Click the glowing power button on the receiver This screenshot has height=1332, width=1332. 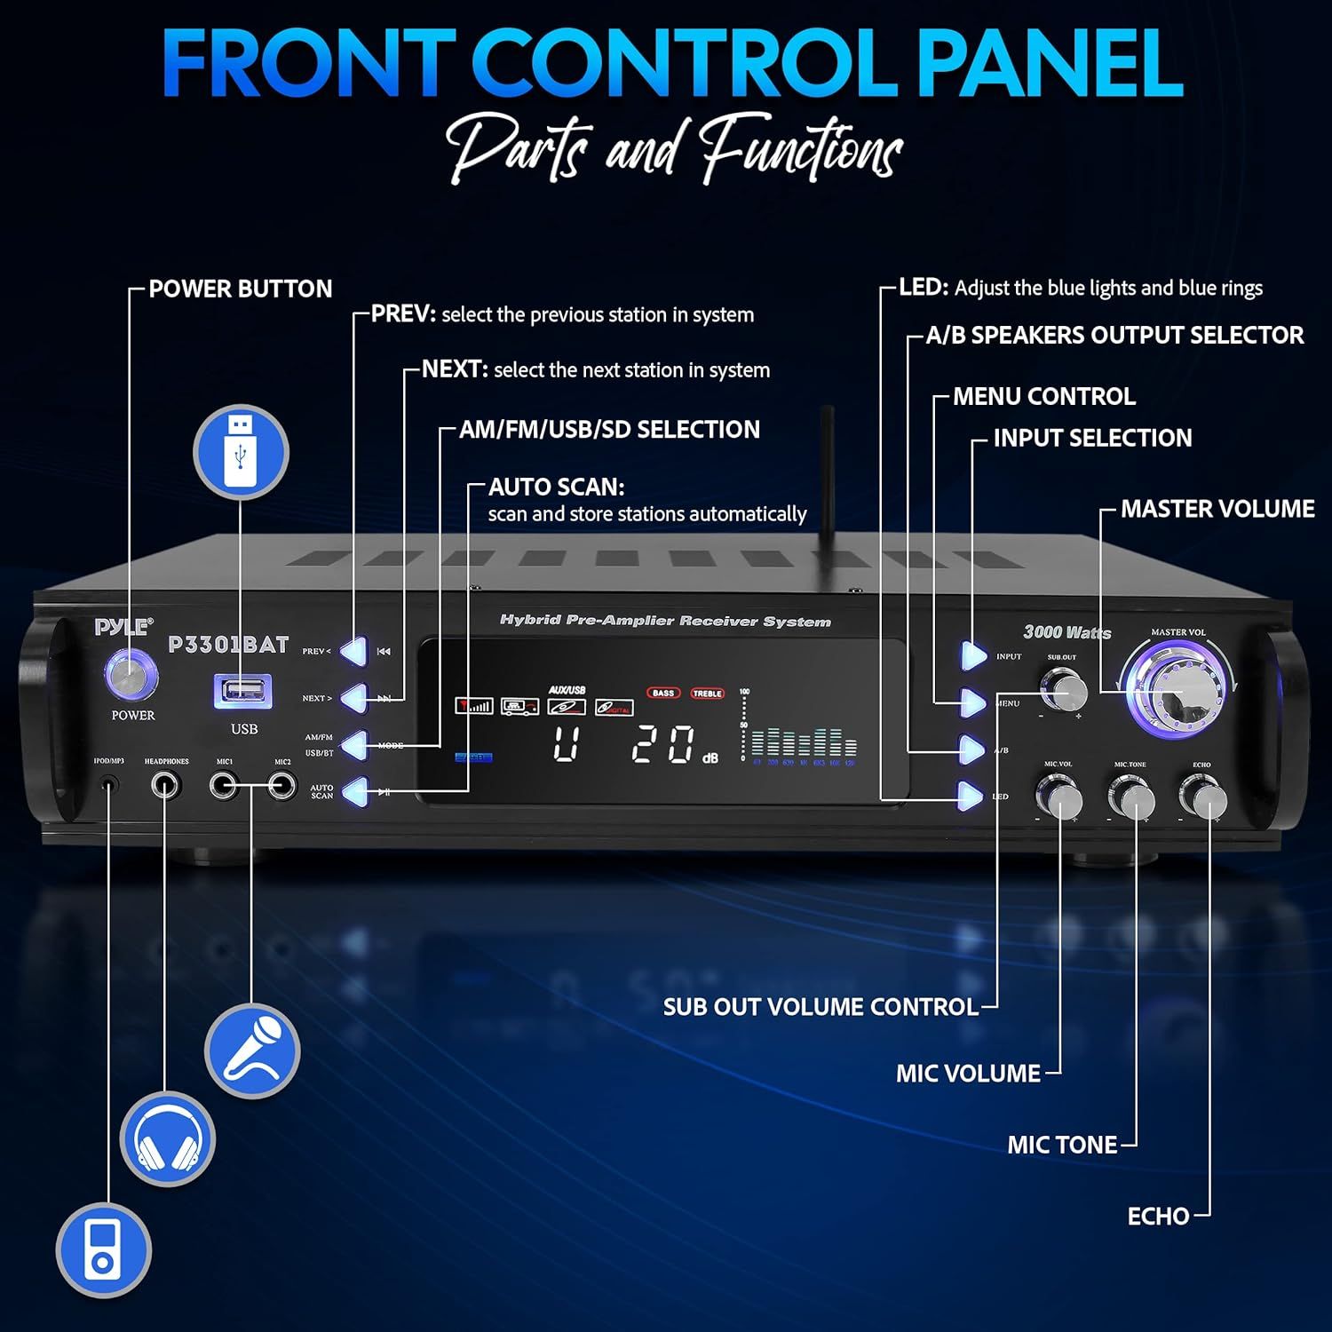(x=131, y=675)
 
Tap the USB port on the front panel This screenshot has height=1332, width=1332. (x=242, y=691)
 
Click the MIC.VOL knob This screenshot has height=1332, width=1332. (x=1059, y=797)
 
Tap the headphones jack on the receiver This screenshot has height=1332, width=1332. (x=165, y=785)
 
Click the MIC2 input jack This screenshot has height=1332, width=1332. (x=282, y=785)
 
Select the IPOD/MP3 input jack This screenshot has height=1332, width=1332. (x=109, y=785)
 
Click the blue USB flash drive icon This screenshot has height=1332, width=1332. (x=241, y=452)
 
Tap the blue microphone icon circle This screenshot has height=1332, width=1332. (x=252, y=1051)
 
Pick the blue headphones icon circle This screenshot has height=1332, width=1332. (x=167, y=1138)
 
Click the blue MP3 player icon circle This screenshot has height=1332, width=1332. (x=103, y=1250)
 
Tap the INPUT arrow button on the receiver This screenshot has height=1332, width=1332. (x=973, y=655)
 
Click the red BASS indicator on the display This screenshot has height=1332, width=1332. (x=662, y=693)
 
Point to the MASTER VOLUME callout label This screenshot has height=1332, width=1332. (x=1217, y=509)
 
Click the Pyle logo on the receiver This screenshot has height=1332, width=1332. (x=123, y=627)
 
